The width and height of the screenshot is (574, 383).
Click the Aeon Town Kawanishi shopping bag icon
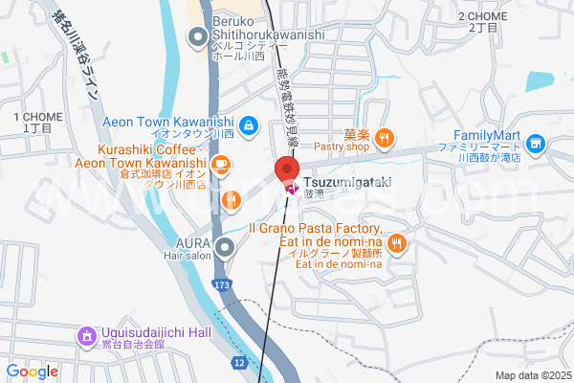click(x=248, y=124)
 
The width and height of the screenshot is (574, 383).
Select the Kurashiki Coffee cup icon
click(x=221, y=166)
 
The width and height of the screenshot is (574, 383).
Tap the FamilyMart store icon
click(x=536, y=145)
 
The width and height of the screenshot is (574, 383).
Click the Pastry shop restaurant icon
click(x=384, y=139)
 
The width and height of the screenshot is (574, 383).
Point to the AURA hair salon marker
click(x=225, y=250)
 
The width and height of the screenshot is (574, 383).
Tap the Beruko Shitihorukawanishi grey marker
click(x=198, y=39)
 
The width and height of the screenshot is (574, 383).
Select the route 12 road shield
click(x=238, y=363)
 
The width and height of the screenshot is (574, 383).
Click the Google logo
click(x=32, y=372)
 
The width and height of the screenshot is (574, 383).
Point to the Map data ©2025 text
click(x=533, y=374)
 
